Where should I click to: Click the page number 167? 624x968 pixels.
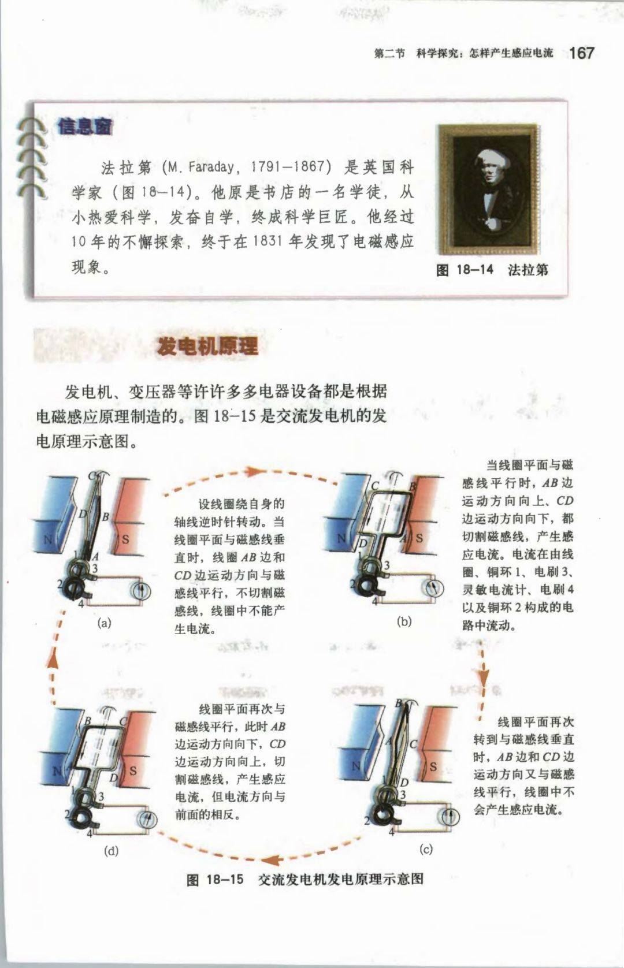point(582,53)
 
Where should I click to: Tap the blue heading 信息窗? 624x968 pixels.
point(85,126)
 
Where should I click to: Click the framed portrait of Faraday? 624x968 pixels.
point(489,189)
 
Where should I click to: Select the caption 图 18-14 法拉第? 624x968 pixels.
point(492,270)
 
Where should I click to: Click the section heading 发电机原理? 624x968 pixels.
point(207,346)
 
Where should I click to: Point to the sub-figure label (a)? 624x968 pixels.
point(105,623)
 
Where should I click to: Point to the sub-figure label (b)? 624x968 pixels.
point(404,621)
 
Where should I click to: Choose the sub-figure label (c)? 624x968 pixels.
point(426,849)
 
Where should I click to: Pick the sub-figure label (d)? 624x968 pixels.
point(111,850)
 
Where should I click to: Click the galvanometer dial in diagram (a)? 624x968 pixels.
point(141,590)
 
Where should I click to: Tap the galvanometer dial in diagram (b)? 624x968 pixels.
point(434,588)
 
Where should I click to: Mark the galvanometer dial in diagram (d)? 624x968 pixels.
point(147,819)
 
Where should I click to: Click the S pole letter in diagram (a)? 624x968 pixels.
point(125,539)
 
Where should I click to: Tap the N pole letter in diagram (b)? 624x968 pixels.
point(341,538)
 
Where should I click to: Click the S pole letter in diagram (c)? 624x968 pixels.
point(433,766)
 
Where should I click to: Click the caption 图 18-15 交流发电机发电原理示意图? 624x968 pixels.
point(305,879)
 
